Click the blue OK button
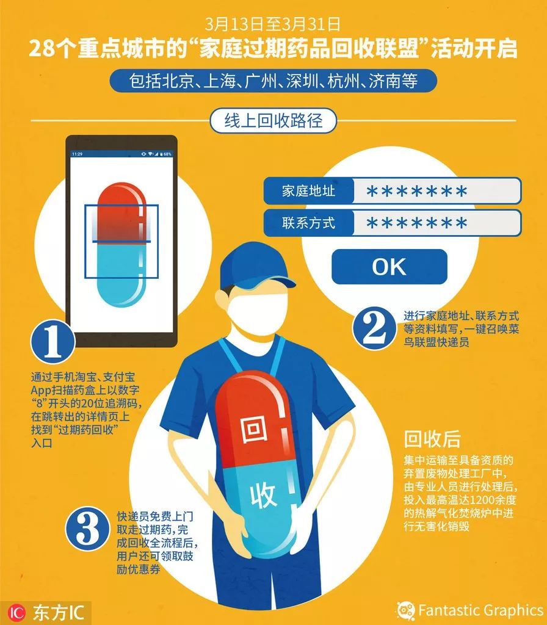pyautogui.click(x=389, y=267)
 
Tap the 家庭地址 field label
pyautogui.click(x=308, y=191)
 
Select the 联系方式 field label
pyautogui.click(x=308, y=222)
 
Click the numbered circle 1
pyautogui.click(x=53, y=342)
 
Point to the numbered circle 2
pyautogui.click(x=374, y=328)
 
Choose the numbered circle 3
pyautogui.click(x=87, y=529)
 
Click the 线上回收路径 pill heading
pyautogui.click(x=273, y=120)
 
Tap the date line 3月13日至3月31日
pyautogui.click(x=273, y=24)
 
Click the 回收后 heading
pyautogui.click(x=432, y=439)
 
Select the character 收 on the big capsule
pyautogui.click(x=263, y=495)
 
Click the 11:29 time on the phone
pyautogui.click(x=78, y=154)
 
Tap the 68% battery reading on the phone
pyautogui.click(x=167, y=154)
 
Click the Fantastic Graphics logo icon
pyautogui.click(x=405, y=610)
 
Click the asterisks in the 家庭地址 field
pyautogui.click(x=416, y=191)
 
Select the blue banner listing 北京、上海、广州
pyautogui.click(x=273, y=81)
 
